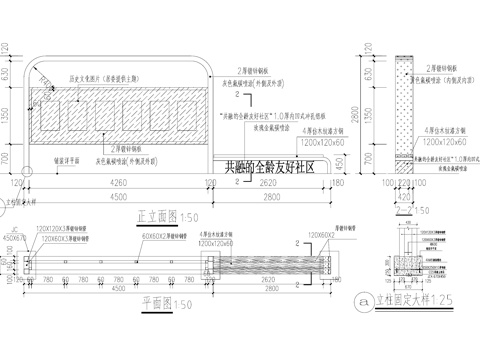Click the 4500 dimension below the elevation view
120,199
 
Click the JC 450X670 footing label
13,235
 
